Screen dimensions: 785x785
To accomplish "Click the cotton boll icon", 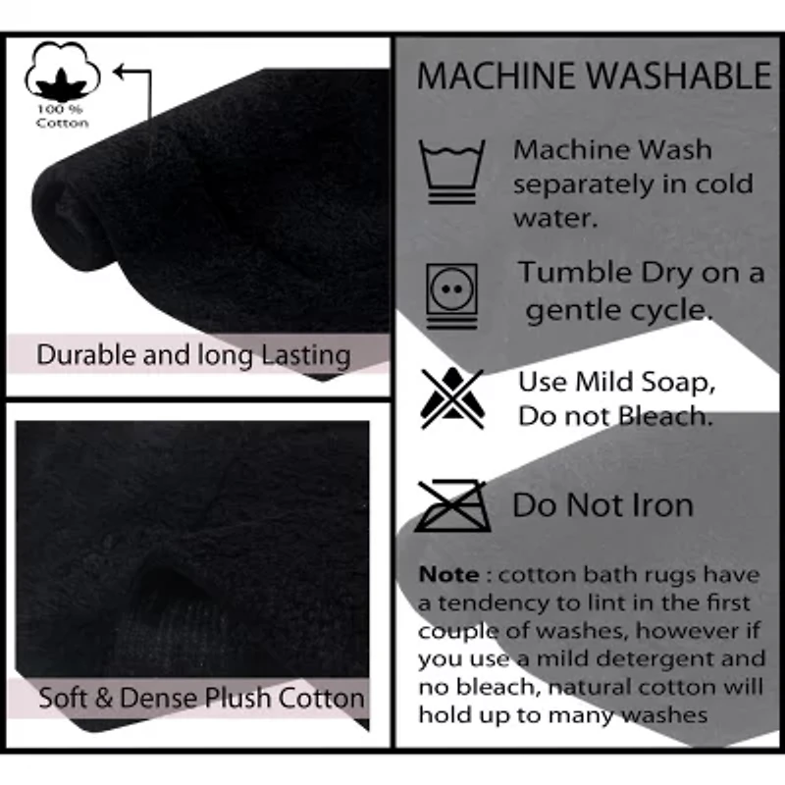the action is (63, 71).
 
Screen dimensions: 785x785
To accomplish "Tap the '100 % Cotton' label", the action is (62, 116).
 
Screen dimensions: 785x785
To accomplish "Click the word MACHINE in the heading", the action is (497, 76).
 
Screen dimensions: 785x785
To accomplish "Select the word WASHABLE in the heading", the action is (679, 76).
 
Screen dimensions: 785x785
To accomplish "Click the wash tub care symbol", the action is (452, 171).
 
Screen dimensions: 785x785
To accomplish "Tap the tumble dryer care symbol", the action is (452, 296).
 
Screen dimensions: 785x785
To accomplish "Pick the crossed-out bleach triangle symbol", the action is (452, 398).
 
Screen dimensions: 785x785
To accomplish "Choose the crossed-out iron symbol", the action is (452, 505).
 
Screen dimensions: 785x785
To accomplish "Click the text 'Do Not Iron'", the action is (603, 504).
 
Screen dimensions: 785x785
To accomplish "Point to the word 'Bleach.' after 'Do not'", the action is (665, 416).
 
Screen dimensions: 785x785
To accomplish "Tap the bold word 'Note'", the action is (448, 575).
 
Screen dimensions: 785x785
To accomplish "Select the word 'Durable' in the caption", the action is (86, 355).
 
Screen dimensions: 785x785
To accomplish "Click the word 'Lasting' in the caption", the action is (306, 356).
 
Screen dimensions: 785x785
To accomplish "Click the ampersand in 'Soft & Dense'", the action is (103, 698).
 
